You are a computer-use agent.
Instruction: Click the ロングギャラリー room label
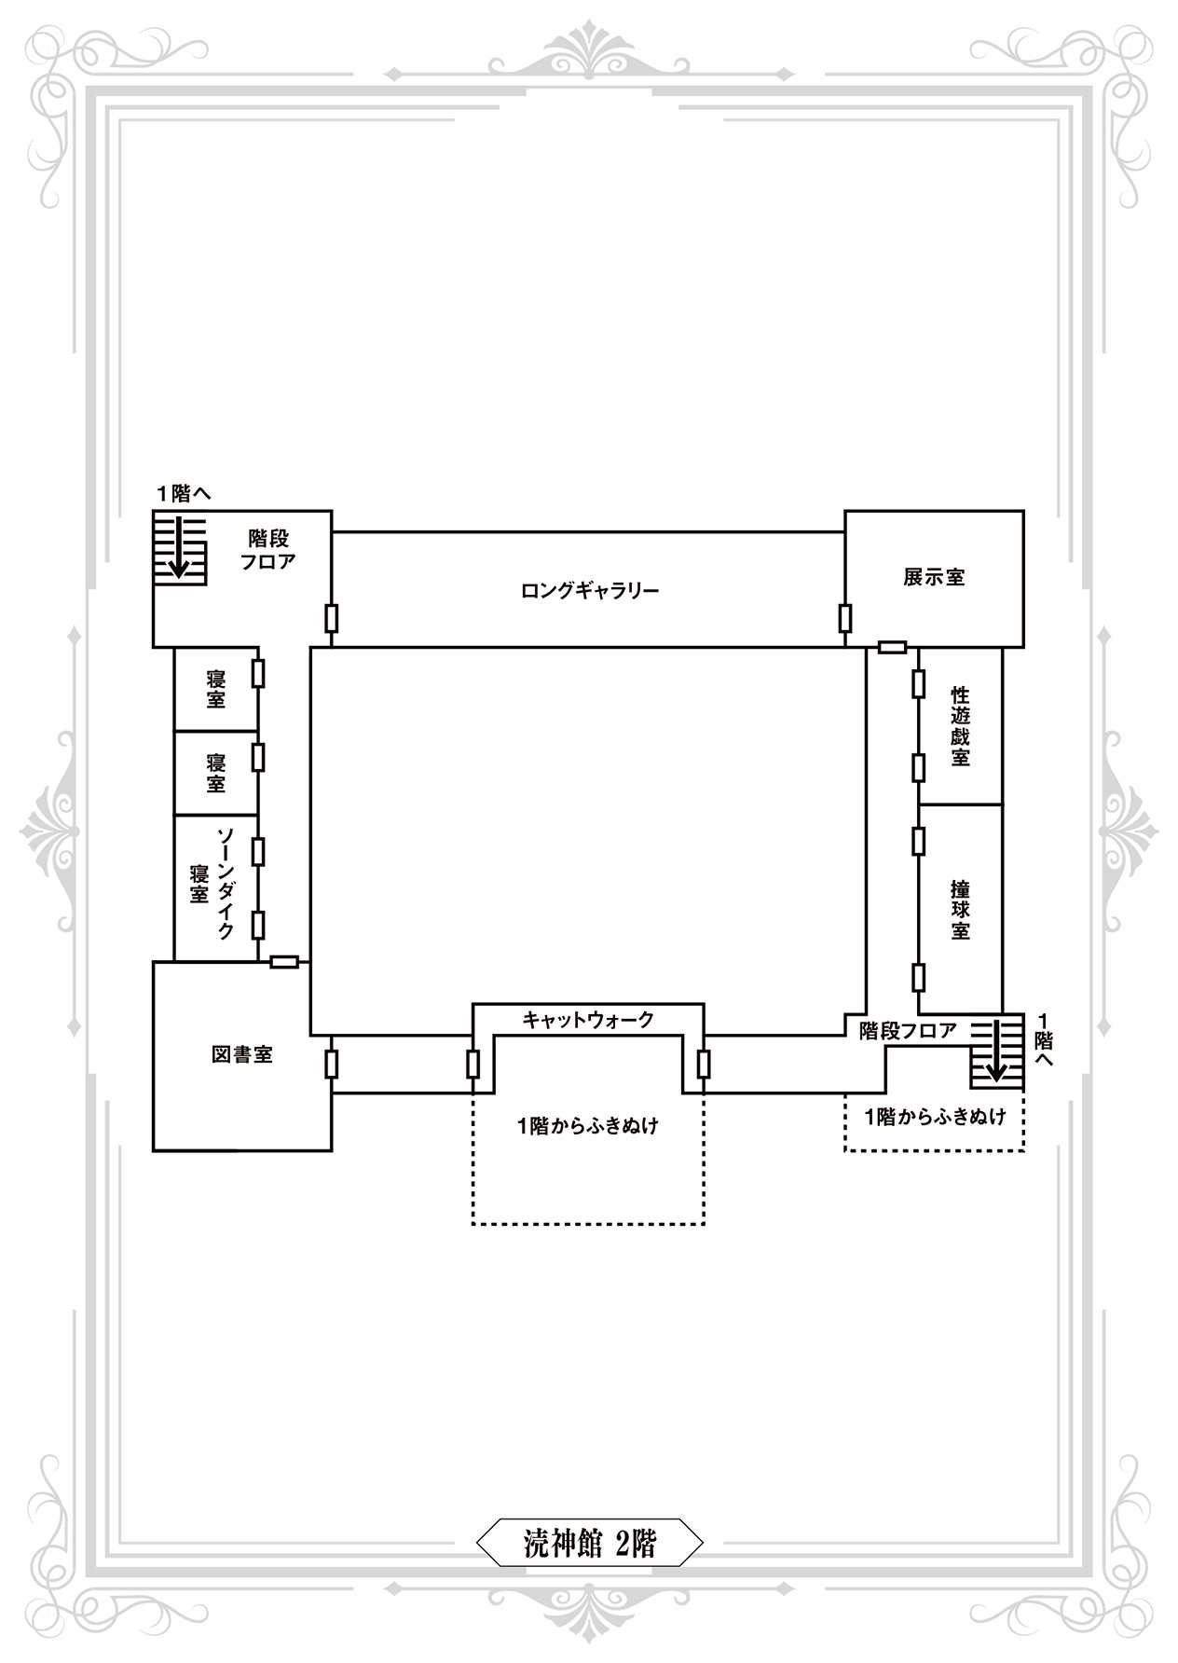click(x=589, y=590)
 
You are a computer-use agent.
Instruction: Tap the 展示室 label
click(x=934, y=577)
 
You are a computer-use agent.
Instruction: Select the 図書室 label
click(x=242, y=1054)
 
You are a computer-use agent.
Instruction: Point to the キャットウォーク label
click(x=588, y=1020)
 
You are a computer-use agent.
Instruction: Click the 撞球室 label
click(x=961, y=910)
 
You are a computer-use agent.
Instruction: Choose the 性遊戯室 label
click(x=961, y=726)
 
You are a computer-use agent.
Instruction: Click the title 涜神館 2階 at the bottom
click(x=589, y=1544)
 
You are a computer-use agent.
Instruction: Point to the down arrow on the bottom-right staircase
click(x=996, y=1051)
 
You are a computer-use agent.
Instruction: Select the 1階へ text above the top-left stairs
click(x=184, y=493)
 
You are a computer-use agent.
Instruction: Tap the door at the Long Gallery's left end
click(x=331, y=618)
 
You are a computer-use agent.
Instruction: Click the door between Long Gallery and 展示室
click(x=845, y=618)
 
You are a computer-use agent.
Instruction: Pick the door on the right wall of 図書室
click(x=331, y=1064)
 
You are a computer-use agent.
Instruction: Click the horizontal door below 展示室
click(x=893, y=647)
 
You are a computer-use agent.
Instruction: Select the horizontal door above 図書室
click(x=284, y=962)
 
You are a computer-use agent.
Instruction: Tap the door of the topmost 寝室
click(x=258, y=673)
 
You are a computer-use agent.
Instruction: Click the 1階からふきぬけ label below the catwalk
click(x=588, y=1126)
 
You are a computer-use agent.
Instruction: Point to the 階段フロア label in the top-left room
click(x=268, y=550)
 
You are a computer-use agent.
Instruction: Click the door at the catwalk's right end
click(x=704, y=1064)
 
